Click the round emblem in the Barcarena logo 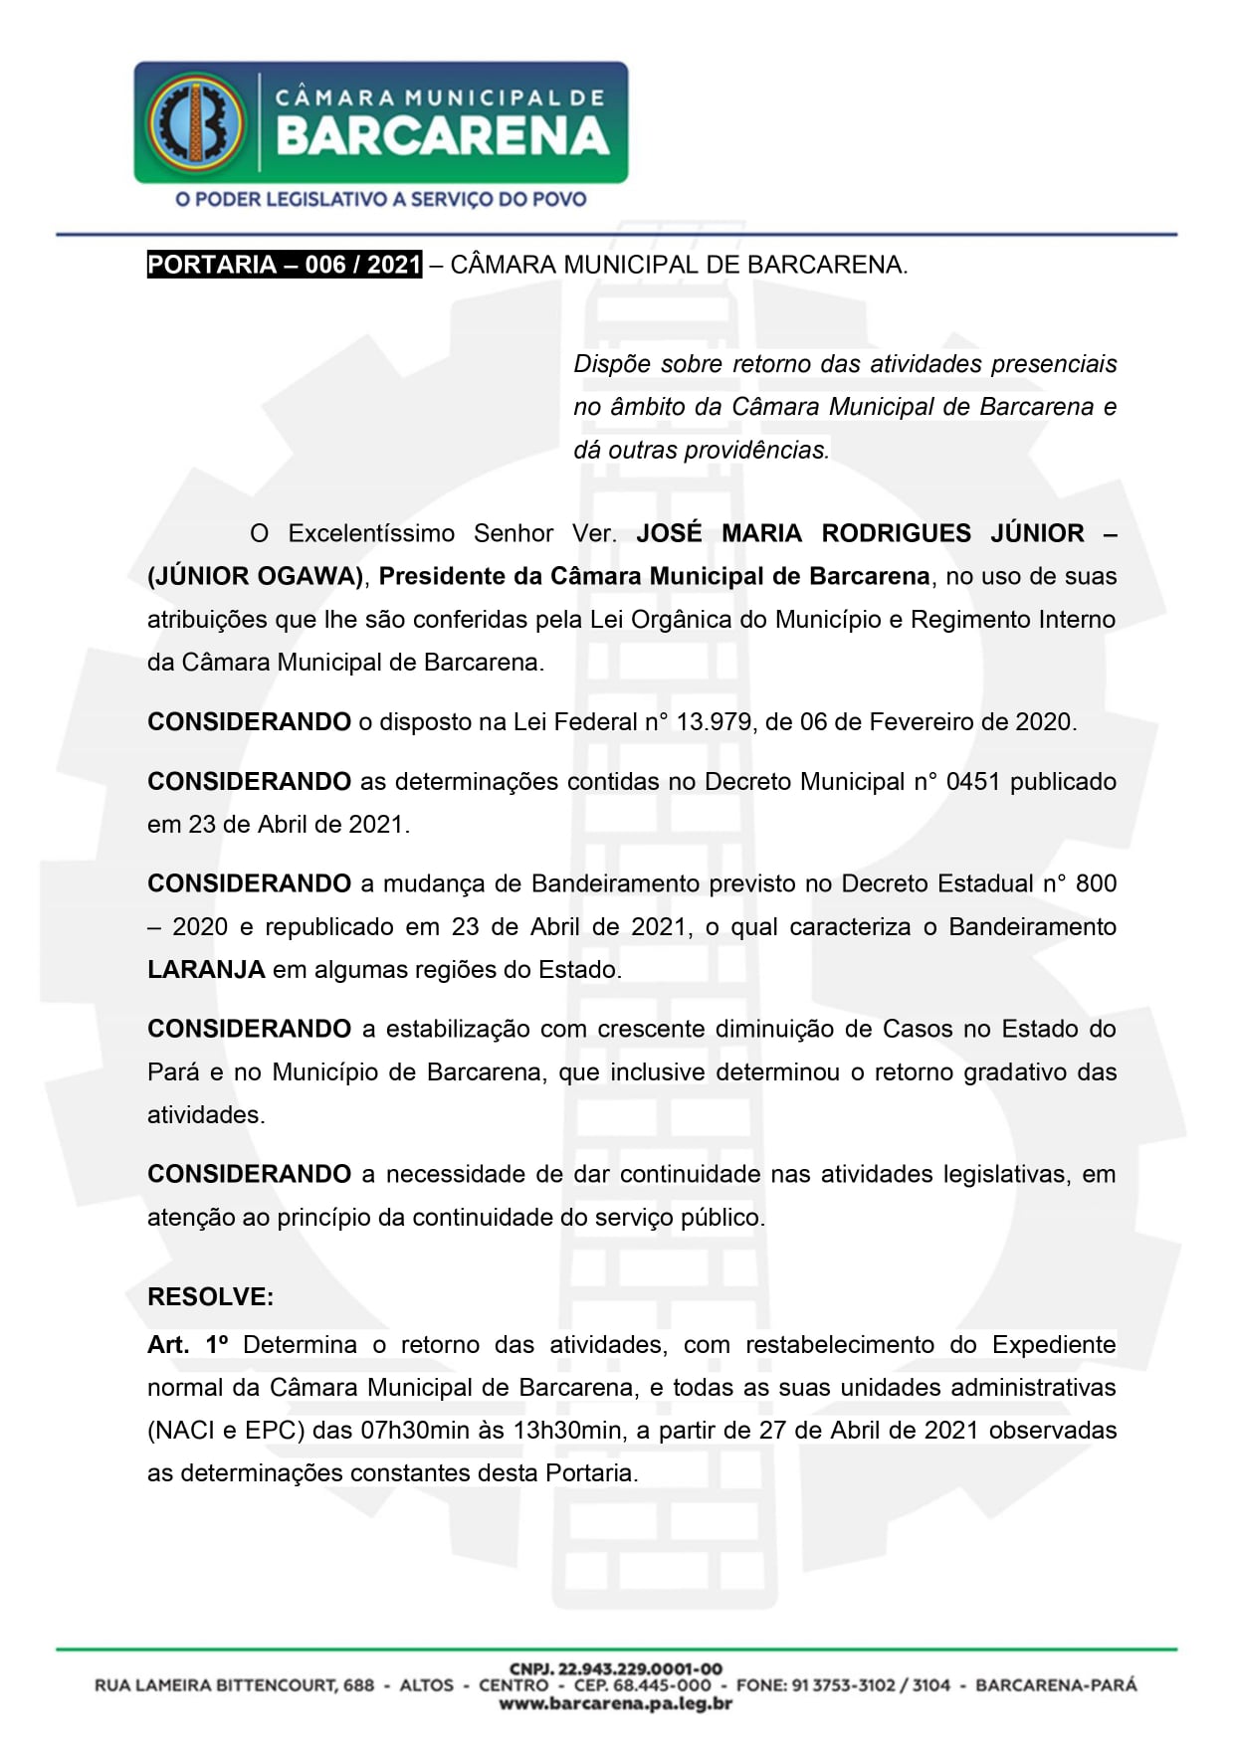(x=196, y=121)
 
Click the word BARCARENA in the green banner (x=443, y=137)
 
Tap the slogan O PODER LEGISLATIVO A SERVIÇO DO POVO (x=381, y=199)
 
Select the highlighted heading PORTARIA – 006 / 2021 (x=285, y=265)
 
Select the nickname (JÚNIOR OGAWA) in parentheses (x=256, y=576)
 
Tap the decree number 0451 (x=972, y=782)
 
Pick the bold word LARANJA (x=206, y=970)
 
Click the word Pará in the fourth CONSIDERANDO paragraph (x=173, y=1072)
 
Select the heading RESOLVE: (x=210, y=1297)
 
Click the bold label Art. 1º (x=188, y=1345)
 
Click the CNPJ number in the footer (x=616, y=1668)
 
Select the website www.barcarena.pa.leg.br (x=616, y=1704)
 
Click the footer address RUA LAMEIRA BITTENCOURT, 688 (x=235, y=1685)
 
